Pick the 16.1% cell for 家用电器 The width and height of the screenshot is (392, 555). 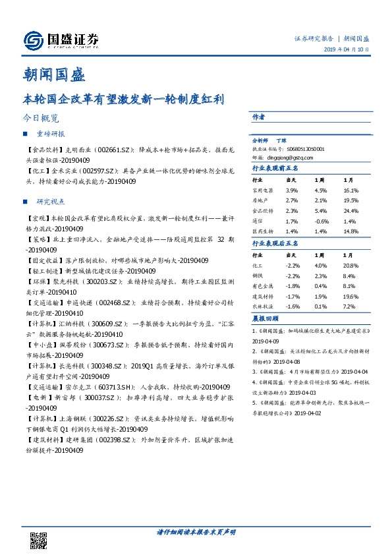click(351, 190)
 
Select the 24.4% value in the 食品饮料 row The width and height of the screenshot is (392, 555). click(351, 211)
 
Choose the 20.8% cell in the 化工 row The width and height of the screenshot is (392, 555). click(351, 265)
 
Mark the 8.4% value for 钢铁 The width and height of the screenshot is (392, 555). click(349, 276)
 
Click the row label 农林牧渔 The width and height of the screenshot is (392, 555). click(262, 308)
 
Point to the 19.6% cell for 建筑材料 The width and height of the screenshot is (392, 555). click(351, 297)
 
